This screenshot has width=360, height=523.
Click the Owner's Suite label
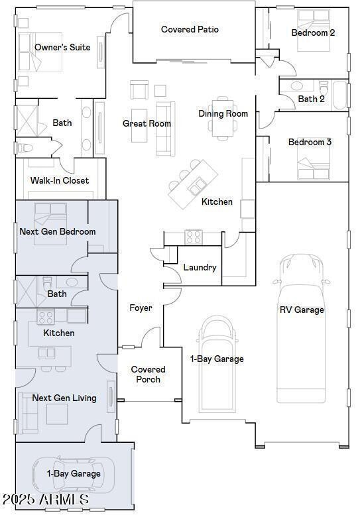62,47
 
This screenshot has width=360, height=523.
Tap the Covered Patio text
190,29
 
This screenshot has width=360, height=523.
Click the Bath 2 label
311,99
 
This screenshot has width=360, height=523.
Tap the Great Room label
147,123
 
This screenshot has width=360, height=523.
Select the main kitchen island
192,184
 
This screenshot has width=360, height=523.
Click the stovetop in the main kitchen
193,237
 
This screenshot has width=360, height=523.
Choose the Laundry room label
200,267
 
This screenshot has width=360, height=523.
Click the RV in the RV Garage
302,328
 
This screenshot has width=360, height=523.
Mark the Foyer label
141,308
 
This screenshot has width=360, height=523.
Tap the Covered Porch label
148,375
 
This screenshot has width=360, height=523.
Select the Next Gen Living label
64,398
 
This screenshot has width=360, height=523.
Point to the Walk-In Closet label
60,180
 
